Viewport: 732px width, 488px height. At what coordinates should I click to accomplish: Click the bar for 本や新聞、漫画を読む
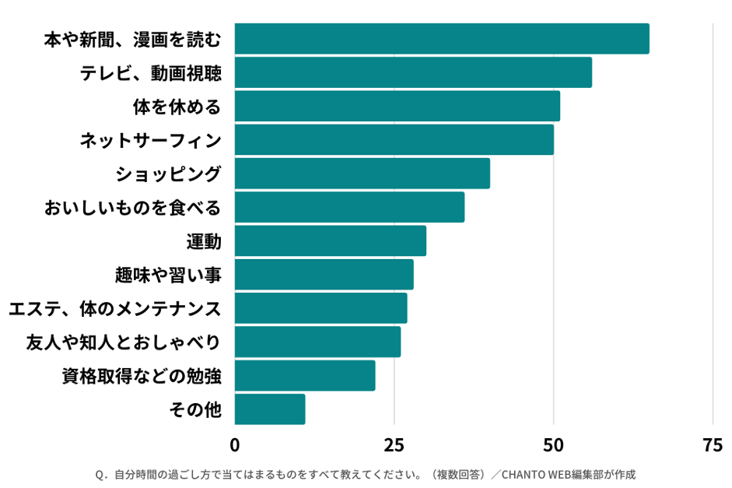click(x=442, y=39)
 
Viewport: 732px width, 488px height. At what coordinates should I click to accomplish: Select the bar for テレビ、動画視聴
click(x=413, y=72)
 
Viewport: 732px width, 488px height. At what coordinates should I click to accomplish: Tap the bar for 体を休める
click(x=397, y=106)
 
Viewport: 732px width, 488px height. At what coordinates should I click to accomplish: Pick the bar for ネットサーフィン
click(x=394, y=139)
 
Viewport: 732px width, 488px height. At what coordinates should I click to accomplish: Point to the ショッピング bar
click(x=362, y=173)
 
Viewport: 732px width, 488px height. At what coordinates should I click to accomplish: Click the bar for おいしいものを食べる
click(x=349, y=207)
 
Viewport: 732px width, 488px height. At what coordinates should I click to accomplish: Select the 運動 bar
click(x=330, y=240)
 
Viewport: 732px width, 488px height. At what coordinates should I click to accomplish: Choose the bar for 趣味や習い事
click(x=324, y=274)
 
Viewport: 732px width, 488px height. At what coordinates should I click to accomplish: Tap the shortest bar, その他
click(x=269, y=409)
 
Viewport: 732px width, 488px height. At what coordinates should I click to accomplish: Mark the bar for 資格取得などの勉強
click(x=304, y=375)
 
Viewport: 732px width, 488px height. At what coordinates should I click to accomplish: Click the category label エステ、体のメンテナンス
click(x=115, y=309)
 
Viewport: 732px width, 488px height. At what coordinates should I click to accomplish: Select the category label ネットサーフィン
click(x=151, y=140)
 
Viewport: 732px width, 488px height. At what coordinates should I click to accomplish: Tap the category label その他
click(x=195, y=409)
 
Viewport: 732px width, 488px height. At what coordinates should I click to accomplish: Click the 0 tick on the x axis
click(x=235, y=445)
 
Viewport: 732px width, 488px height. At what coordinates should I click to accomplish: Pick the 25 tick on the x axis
click(x=394, y=445)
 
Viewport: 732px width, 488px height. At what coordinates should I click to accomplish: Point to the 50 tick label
click(x=553, y=445)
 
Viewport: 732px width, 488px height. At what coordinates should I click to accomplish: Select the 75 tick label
click(x=712, y=445)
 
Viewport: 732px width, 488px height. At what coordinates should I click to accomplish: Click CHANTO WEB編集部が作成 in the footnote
click(x=563, y=474)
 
